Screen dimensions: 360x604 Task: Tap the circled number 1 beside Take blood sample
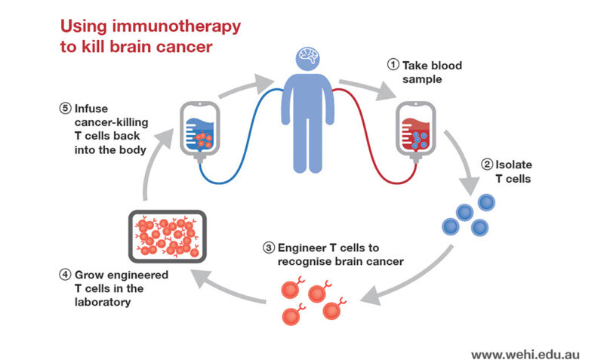393,66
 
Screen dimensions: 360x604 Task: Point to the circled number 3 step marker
267,247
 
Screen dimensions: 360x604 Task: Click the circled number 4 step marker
64,275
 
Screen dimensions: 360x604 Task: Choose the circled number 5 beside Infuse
64,107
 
